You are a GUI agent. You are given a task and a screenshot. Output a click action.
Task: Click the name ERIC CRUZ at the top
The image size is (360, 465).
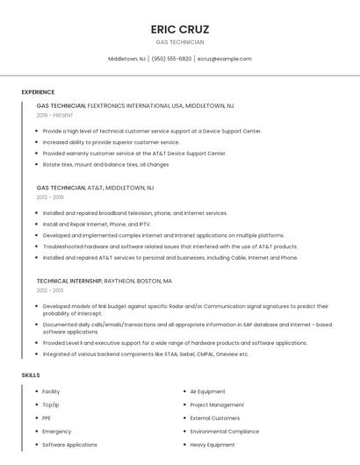click(x=179, y=29)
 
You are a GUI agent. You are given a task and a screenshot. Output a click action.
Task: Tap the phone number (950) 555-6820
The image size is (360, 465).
click(x=171, y=59)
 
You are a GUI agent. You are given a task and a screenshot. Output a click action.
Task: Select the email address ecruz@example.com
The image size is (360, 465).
click(x=225, y=59)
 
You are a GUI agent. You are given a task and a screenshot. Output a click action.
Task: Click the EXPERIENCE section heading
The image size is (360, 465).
click(x=38, y=92)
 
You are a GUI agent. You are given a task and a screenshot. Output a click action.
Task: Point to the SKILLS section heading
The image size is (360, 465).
click(x=31, y=375)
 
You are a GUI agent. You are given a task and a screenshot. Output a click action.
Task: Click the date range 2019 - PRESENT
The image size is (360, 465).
click(x=54, y=115)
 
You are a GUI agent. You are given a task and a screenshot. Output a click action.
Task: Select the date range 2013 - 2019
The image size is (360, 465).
click(x=50, y=197)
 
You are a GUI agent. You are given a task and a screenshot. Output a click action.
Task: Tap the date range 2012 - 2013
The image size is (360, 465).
click(x=50, y=290)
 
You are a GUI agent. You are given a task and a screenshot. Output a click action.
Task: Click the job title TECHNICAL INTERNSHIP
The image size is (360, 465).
click(x=69, y=281)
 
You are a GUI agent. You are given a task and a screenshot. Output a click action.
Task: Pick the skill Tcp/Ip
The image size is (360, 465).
click(x=51, y=404)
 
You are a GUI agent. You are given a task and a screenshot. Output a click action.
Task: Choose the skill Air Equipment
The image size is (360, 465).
click(x=207, y=391)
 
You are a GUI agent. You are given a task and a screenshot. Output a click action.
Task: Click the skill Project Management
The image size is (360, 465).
click(x=217, y=404)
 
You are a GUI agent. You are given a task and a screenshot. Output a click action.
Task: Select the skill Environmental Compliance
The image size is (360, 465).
click(x=224, y=432)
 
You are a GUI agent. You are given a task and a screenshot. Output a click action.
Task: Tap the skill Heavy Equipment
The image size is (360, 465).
click(x=212, y=445)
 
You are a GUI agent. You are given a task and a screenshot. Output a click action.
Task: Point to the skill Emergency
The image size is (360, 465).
click(x=57, y=432)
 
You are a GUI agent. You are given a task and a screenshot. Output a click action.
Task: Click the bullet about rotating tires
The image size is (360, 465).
click(x=105, y=164)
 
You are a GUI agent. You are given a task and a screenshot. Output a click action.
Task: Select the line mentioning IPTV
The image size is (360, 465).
click(x=96, y=224)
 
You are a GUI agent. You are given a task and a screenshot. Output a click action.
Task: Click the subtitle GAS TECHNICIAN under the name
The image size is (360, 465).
click(x=179, y=42)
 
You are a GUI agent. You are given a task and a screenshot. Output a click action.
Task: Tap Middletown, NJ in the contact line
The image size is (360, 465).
click(x=126, y=59)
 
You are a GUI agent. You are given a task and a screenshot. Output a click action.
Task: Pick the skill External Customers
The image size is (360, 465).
click(x=214, y=418)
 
